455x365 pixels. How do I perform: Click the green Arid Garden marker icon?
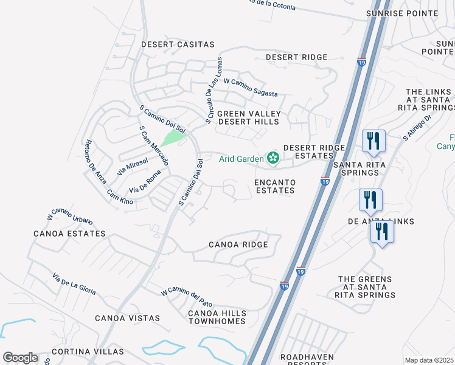(273, 159)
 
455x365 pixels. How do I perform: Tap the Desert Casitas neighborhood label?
(178, 44)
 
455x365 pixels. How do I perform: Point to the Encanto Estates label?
(274, 186)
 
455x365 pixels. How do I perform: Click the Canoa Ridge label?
(238, 245)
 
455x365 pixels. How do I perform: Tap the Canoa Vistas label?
(128, 318)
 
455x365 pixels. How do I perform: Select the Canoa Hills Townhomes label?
(217, 317)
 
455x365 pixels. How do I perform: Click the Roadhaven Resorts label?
(308, 360)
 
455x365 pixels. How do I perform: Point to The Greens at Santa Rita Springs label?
(365, 287)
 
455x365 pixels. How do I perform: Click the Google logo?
(20, 358)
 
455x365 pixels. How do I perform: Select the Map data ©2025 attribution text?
(429, 360)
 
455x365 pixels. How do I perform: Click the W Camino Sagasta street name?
(251, 88)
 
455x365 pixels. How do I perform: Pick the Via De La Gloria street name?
(74, 284)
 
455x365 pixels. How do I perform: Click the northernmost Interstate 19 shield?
(361, 63)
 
